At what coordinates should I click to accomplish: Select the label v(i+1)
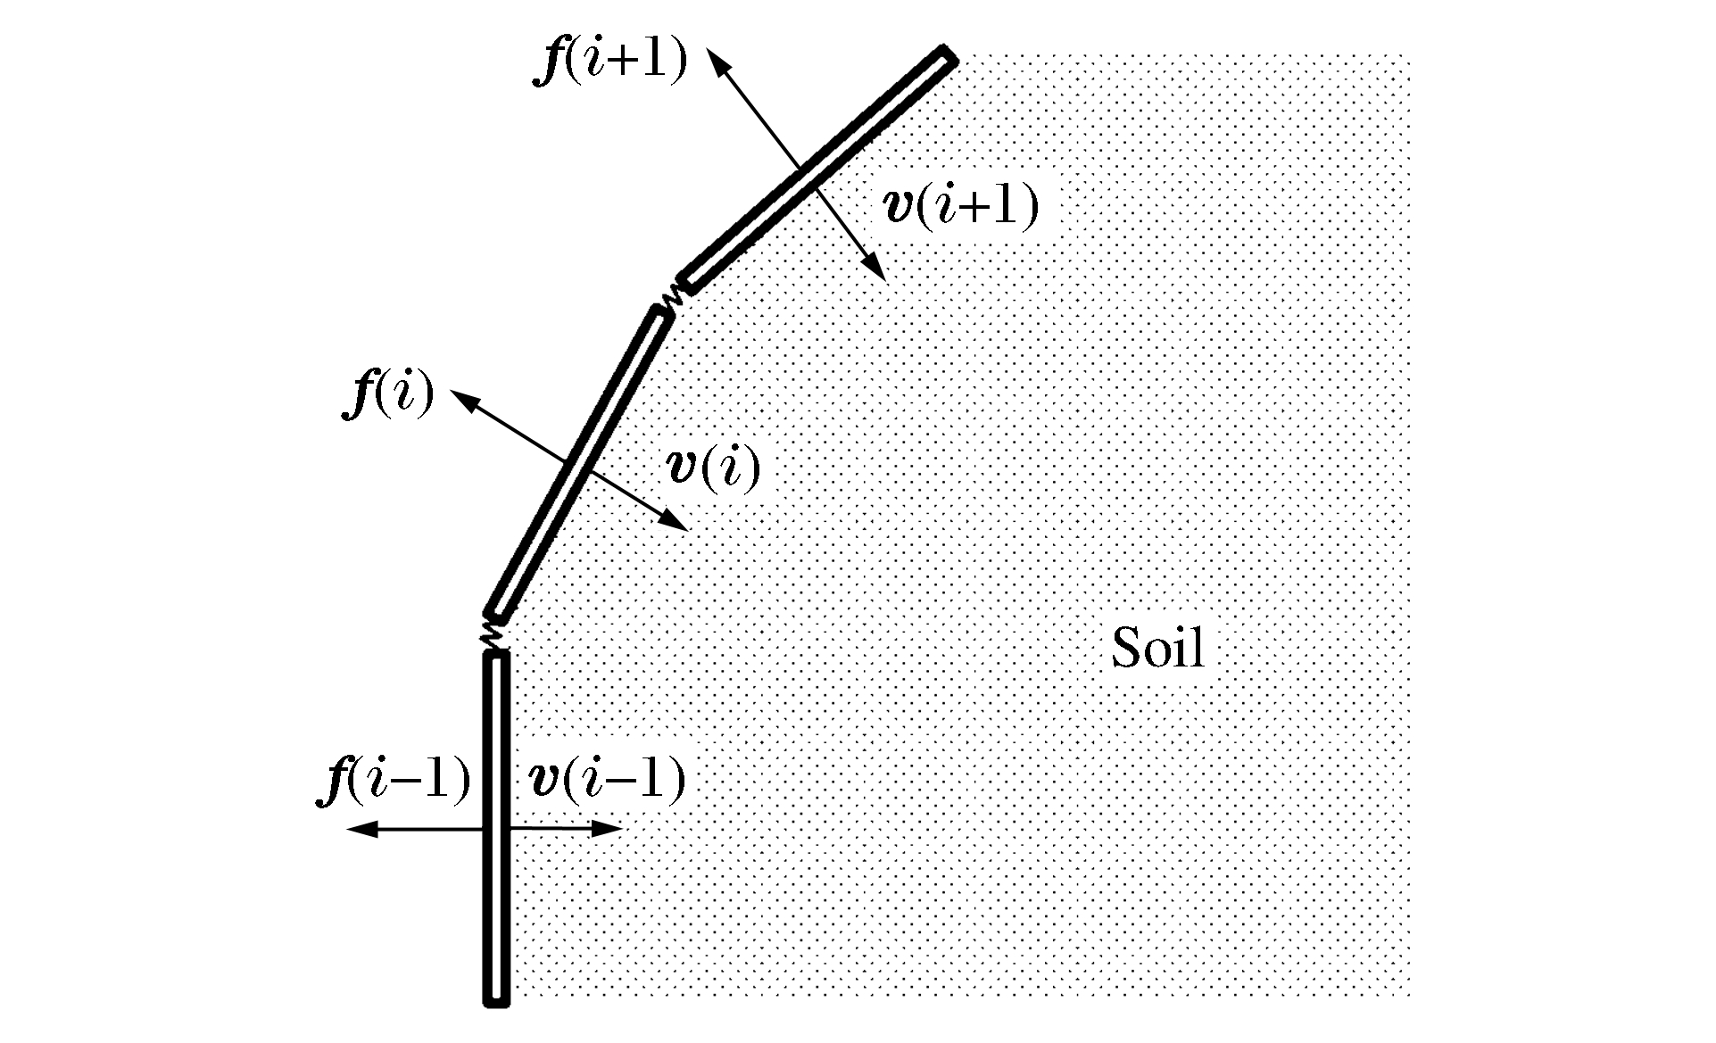(960, 205)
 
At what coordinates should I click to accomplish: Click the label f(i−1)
(394, 778)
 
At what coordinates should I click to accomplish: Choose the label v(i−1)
(607, 778)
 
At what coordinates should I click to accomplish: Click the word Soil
(1157, 648)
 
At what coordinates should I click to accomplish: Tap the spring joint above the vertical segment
(492, 633)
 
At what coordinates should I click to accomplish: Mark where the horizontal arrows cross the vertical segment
(496, 830)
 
